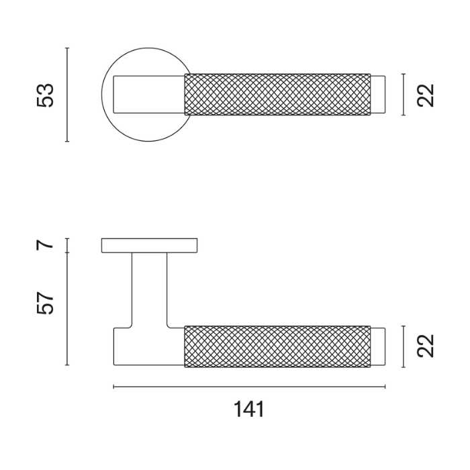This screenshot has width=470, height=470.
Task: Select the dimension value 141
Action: click(x=248, y=409)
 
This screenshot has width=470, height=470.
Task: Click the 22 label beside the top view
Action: click(x=426, y=95)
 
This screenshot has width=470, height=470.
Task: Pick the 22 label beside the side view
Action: click(x=426, y=346)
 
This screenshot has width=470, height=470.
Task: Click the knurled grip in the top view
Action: click(x=277, y=95)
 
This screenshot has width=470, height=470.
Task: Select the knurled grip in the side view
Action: click(x=277, y=346)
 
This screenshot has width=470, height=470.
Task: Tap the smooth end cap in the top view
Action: click(x=378, y=95)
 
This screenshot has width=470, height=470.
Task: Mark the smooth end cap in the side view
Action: click(x=378, y=346)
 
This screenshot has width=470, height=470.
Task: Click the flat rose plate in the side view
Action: click(x=149, y=245)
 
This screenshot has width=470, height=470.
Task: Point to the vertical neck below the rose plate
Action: click(x=149, y=289)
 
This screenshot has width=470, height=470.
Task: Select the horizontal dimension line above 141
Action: click(x=248, y=387)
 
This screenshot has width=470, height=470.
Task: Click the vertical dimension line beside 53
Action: click(x=67, y=95)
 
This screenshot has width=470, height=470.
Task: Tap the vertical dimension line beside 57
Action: click(x=67, y=309)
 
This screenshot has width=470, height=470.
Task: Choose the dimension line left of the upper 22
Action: click(x=403, y=95)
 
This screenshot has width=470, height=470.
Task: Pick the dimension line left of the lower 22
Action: click(x=403, y=346)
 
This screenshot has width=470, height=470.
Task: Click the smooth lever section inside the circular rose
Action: click(x=149, y=95)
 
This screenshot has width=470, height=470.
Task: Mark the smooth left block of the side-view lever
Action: click(x=148, y=346)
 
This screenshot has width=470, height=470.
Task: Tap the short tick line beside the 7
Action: click(x=67, y=244)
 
